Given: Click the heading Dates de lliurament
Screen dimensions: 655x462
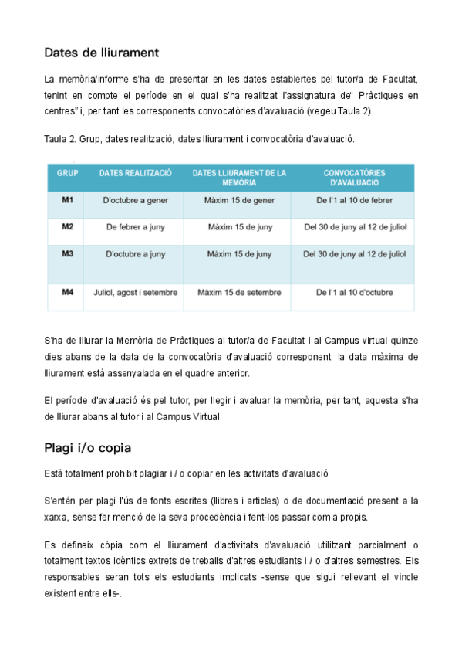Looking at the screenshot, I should click(x=101, y=53).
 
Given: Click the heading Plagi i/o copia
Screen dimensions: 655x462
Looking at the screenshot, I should click(x=87, y=449).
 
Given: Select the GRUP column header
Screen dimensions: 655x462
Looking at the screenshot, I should click(x=67, y=173).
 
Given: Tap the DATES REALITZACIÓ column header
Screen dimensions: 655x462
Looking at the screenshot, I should click(x=136, y=173).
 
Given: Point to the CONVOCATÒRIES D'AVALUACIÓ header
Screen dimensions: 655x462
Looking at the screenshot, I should click(x=354, y=178).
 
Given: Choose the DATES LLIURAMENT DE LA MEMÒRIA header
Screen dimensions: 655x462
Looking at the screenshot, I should click(x=238, y=178).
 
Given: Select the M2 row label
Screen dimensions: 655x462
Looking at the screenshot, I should click(x=67, y=227).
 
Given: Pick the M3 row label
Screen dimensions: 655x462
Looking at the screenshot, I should click(x=67, y=253).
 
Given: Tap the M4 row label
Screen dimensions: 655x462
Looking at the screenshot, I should click(x=67, y=293).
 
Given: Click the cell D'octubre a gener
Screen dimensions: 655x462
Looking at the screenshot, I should click(x=136, y=201).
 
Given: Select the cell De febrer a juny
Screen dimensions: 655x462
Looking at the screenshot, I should click(x=136, y=227).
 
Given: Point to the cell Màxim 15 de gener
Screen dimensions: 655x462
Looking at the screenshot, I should click(x=239, y=201).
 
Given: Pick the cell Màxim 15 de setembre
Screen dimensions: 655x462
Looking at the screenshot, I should click(x=239, y=293).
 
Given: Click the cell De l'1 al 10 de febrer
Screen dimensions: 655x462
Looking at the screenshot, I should click(x=354, y=201).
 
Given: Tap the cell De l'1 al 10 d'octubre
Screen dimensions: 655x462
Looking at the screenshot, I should click(x=354, y=293).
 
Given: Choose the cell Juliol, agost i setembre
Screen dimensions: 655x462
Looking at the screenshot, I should click(x=136, y=293).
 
